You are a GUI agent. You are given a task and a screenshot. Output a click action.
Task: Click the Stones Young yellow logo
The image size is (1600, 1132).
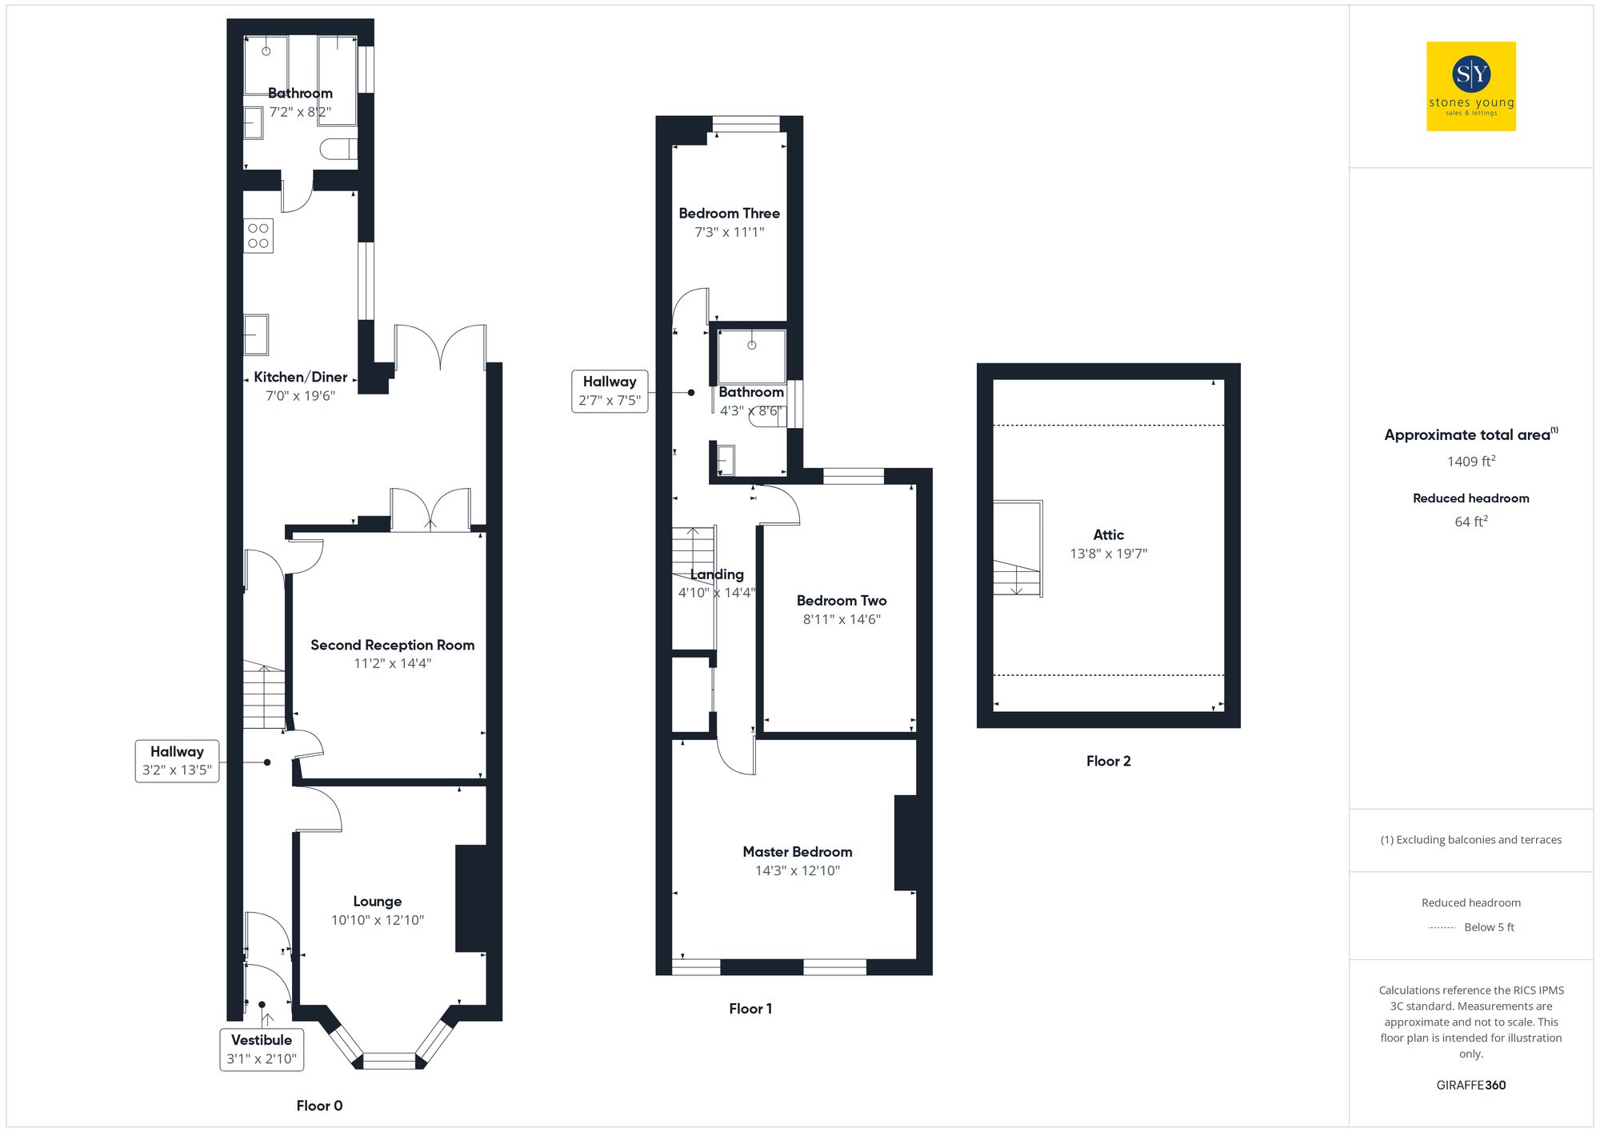click(1470, 86)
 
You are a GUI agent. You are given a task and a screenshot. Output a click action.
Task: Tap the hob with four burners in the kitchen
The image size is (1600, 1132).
click(258, 236)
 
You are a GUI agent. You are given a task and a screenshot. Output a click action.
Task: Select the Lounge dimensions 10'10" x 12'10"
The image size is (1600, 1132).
click(378, 920)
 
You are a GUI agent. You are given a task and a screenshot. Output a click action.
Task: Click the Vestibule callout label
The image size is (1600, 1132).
click(262, 1049)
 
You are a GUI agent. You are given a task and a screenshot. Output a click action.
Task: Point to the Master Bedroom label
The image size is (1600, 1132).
click(797, 852)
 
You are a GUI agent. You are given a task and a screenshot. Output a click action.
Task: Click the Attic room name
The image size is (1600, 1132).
click(1108, 534)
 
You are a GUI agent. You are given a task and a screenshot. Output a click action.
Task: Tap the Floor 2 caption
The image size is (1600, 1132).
click(1108, 761)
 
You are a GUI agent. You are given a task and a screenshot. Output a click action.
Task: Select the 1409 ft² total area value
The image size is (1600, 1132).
click(1470, 462)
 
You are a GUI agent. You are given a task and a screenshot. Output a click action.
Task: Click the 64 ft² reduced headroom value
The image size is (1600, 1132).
click(1470, 522)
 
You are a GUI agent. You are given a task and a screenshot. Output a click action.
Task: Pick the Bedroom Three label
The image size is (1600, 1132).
click(729, 214)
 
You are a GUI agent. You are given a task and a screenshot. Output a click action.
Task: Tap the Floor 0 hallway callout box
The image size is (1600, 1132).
click(177, 761)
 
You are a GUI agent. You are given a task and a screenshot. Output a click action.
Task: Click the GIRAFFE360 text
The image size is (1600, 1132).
click(1470, 1086)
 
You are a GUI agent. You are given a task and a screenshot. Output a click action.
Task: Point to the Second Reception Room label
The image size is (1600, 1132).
click(392, 645)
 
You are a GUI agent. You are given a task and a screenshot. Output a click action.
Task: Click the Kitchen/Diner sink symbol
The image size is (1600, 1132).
click(256, 334)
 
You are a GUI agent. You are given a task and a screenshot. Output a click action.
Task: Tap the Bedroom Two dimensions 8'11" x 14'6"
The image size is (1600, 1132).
click(842, 619)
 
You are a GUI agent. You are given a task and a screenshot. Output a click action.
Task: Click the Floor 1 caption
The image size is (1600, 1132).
click(750, 1009)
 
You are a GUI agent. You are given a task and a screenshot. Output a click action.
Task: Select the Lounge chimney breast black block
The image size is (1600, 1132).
click(471, 898)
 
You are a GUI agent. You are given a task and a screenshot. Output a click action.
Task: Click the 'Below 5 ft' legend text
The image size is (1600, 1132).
click(1488, 927)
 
